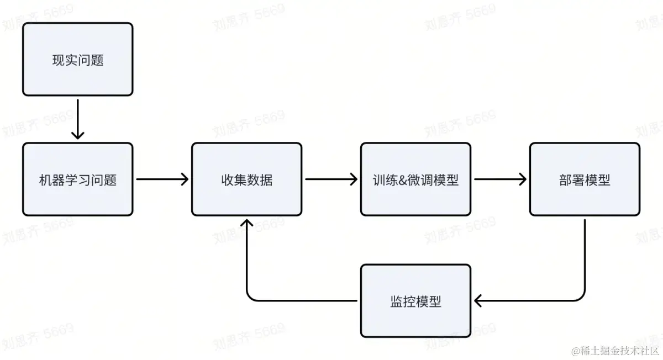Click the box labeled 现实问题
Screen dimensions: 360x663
(x=77, y=59)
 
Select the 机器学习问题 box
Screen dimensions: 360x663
(x=77, y=179)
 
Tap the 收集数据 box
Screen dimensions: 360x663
(x=246, y=179)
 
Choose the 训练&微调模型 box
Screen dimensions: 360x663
(x=415, y=179)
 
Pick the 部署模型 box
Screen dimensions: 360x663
(x=585, y=179)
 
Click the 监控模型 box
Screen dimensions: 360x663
(x=415, y=300)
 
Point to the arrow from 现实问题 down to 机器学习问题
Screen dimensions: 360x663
(x=77, y=119)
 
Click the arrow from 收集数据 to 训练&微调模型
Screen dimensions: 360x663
(x=330, y=179)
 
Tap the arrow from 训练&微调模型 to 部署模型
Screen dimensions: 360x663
(x=499, y=179)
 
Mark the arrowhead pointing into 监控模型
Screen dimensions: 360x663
(x=479, y=300)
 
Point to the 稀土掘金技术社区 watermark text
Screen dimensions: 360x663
(x=619, y=351)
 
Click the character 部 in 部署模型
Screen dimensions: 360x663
(x=565, y=180)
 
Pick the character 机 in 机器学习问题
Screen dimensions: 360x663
(x=45, y=180)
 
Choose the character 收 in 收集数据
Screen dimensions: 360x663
(x=227, y=180)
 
